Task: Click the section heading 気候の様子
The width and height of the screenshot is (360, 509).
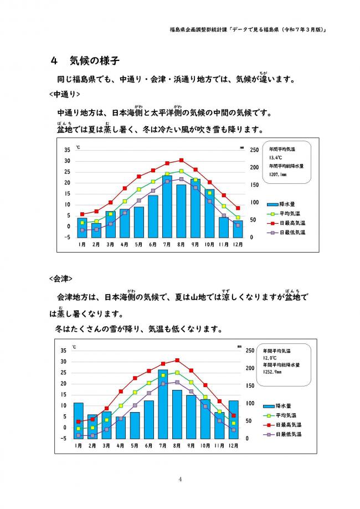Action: pos(94,60)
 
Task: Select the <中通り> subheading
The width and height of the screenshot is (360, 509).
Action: pos(65,94)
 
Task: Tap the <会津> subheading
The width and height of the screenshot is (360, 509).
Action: pos(61,279)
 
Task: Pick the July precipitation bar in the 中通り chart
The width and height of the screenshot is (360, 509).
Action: pos(167,207)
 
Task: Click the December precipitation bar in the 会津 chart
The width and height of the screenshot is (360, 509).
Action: pos(234,419)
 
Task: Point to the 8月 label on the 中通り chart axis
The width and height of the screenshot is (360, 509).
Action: pos(181,244)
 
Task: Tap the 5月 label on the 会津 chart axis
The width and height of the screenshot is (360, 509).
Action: pos(135,445)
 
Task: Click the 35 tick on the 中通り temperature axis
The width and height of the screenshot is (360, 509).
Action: pos(67,150)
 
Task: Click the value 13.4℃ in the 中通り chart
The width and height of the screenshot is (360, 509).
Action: pos(276,158)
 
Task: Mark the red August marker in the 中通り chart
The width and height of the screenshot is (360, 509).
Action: pos(182,161)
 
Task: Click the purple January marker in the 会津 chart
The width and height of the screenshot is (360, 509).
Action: pos(79,436)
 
